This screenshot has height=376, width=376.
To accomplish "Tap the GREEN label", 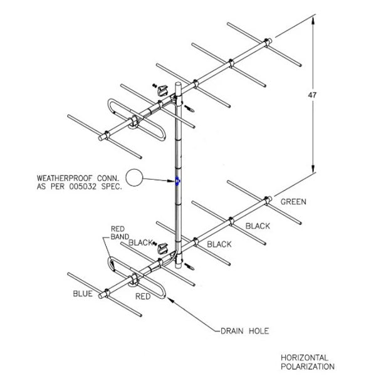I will click(x=293, y=202).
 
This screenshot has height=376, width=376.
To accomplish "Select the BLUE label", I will click(x=81, y=293).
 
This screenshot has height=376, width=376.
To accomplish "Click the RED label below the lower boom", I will click(x=143, y=296).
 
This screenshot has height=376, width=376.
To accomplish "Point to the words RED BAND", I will click(x=119, y=232).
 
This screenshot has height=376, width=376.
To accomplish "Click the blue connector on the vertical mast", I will click(x=178, y=182).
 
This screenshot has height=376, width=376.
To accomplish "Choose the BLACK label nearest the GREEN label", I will click(x=258, y=226).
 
